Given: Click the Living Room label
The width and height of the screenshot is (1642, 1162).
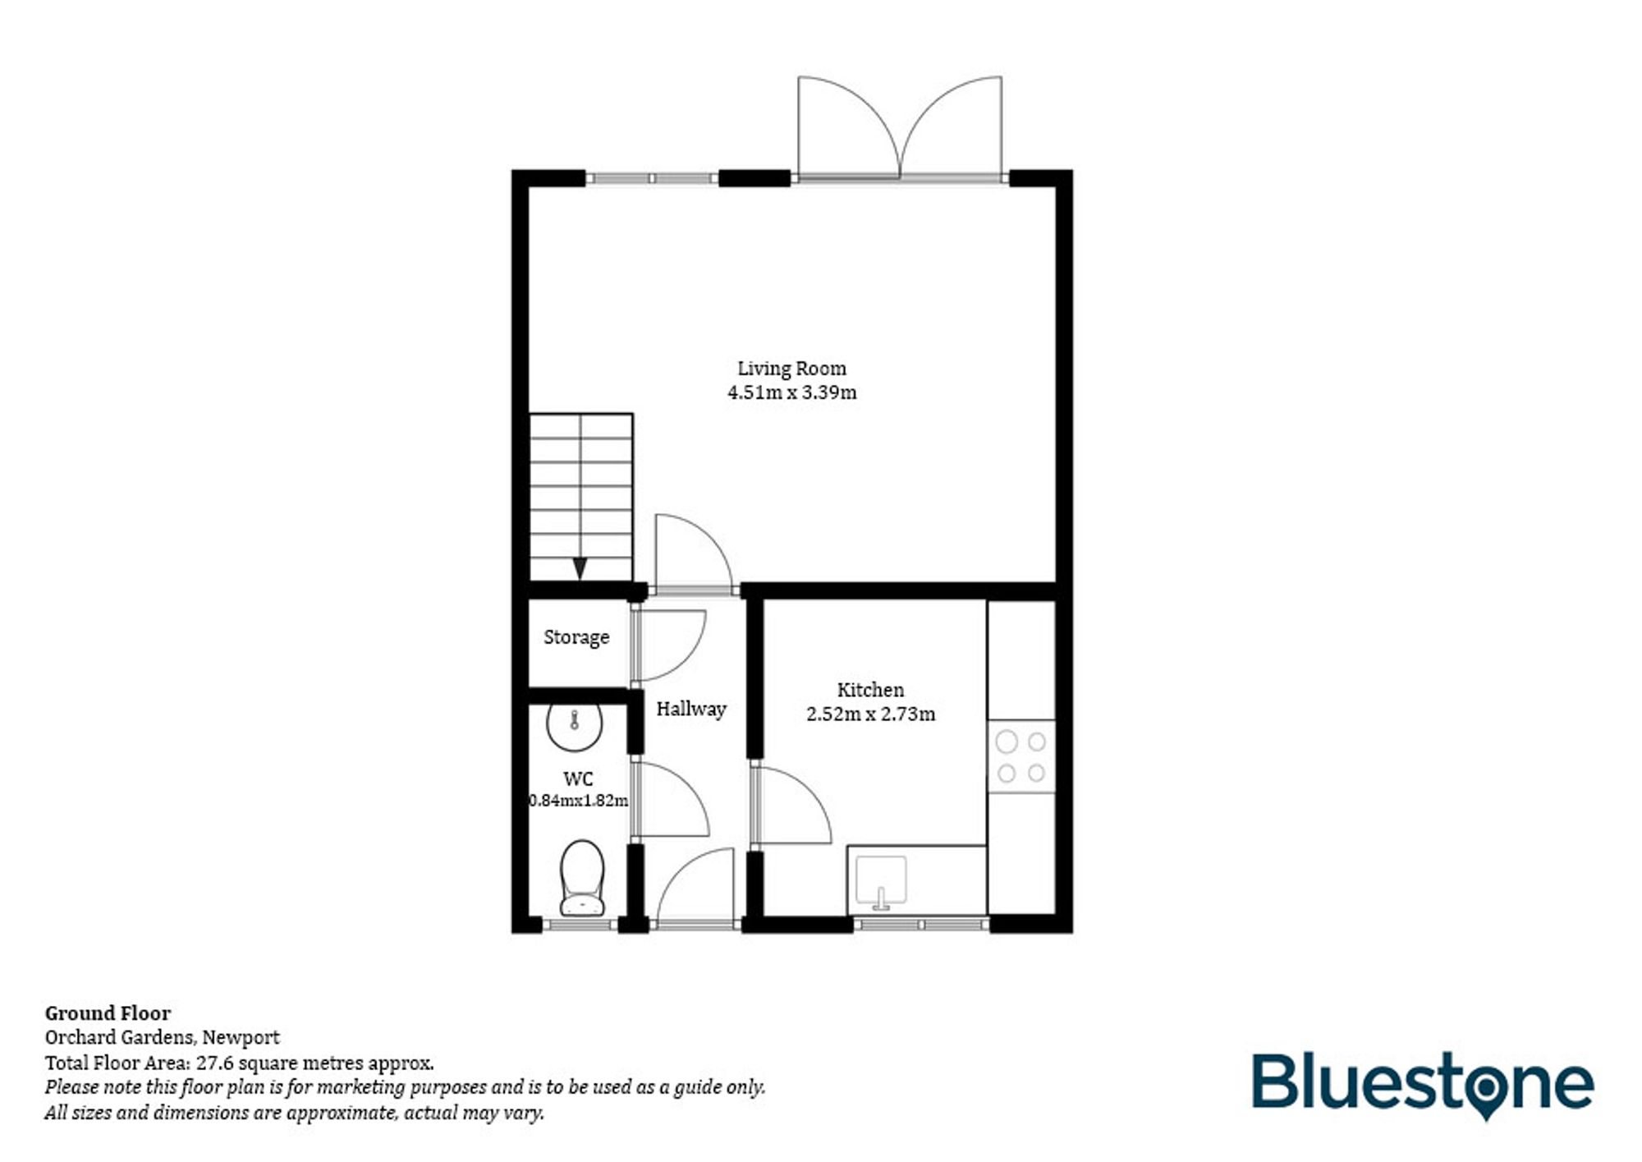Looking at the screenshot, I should [x=791, y=369].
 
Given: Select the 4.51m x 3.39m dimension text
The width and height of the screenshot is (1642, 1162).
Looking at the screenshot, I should [x=791, y=393].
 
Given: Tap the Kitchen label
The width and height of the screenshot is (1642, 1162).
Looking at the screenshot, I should [x=870, y=690].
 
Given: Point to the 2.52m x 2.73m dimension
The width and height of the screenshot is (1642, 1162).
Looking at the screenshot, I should [x=870, y=714].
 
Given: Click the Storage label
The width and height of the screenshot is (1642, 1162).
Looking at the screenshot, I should [x=576, y=637].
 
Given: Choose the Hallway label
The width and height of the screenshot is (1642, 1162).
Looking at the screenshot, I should [x=691, y=709].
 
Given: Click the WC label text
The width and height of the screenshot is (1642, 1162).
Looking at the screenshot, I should [x=578, y=778].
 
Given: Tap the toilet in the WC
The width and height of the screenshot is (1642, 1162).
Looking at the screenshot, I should [x=582, y=878].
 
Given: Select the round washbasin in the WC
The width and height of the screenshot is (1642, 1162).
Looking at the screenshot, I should [x=575, y=725].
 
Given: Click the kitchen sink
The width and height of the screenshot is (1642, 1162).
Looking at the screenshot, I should [x=881, y=881].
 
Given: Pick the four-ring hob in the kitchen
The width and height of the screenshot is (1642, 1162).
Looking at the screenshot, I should [x=1021, y=756].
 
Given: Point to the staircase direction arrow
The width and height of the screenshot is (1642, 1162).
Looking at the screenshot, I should [x=580, y=567].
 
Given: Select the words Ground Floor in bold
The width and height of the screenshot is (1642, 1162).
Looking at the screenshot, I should [x=108, y=1013].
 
